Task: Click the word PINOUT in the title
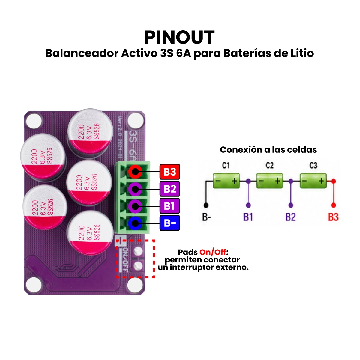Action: point(179,37)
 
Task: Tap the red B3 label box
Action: point(169,172)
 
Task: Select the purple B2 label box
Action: point(169,189)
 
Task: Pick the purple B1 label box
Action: point(169,206)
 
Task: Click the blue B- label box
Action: point(169,223)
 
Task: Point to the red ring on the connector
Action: point(135,172)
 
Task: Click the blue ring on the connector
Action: point(135,223)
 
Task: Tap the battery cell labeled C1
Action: point(226,181)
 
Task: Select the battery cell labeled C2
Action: point(270,181)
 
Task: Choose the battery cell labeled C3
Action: point(313,181)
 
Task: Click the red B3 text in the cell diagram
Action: point(333,217)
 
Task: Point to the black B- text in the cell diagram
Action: point(207,217)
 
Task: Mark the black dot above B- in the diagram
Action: point(206,205)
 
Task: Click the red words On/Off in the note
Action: point(213,252)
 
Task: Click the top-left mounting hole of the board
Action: point(34,121)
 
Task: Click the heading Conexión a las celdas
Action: point(268,150)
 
